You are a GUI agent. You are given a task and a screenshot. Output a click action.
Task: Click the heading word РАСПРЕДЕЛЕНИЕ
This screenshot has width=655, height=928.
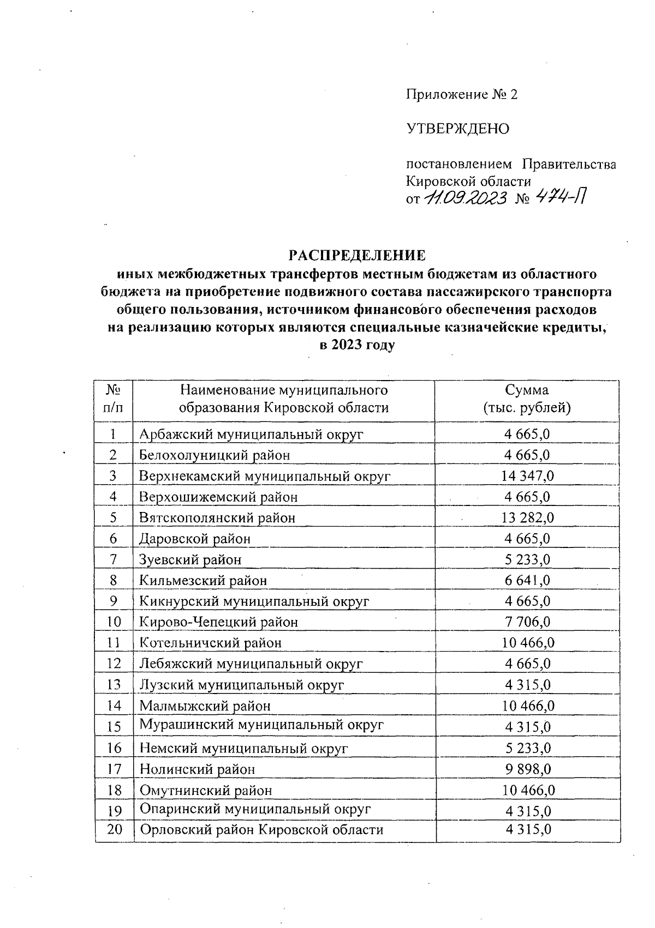356,255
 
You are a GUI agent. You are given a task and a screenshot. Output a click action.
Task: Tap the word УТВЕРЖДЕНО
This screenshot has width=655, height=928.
457,129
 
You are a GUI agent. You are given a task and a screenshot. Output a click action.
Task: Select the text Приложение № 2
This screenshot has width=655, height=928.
461,95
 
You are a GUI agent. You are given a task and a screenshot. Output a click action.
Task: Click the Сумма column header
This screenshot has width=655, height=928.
527,399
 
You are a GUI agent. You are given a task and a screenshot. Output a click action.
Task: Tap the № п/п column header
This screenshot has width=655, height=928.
113,399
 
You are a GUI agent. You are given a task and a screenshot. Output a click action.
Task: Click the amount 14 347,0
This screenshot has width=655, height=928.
527,475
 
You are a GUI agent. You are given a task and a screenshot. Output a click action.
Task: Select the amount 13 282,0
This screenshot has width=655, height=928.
527,517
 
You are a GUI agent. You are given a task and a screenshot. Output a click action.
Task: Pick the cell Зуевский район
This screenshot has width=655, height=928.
190,559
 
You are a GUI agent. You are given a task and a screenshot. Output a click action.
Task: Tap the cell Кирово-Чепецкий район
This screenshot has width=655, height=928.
218,622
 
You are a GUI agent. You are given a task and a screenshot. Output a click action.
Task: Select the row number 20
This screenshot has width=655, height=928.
114,830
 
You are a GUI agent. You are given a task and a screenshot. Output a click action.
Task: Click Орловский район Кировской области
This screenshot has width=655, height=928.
261,830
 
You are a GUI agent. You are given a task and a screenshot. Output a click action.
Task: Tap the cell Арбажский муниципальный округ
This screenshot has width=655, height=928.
251,434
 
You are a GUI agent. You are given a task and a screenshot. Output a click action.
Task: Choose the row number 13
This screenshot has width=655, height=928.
114,685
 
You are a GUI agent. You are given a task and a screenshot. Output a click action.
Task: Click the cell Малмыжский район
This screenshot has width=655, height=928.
205,706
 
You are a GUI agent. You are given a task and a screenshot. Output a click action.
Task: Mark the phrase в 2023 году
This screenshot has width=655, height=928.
356,345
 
